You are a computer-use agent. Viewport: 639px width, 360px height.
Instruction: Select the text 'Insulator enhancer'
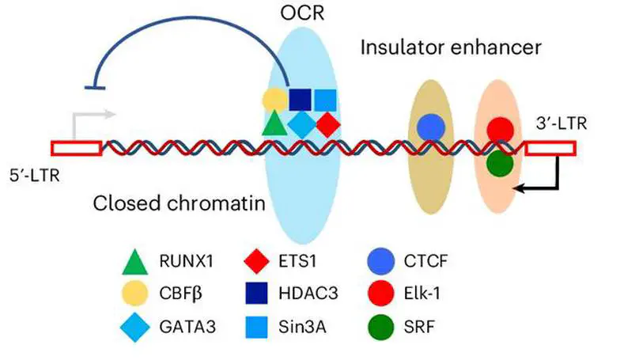pyautogui.click(x=452, y=47)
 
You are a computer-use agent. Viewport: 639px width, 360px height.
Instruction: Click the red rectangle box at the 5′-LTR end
pyautogui.click(x=76, y=147)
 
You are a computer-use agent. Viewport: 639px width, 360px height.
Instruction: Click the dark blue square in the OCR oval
pyautogui.click(x=299, y=100)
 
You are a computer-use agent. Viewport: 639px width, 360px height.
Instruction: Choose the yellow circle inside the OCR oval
pyautogui.click(x=274, y=100)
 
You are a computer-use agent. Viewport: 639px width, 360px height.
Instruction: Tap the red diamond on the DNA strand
pyautogui.click(x=328, y=123)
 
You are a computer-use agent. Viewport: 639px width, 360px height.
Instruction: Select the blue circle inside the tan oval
pyautogui.click(x=430, y=127)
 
